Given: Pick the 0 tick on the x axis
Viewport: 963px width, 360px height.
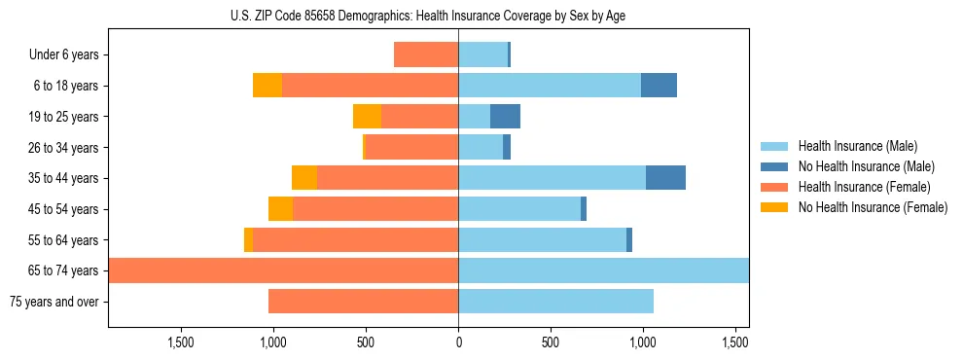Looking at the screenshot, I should (x=458, y=342).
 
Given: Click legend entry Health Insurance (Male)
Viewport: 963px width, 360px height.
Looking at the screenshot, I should (x=857, y=146).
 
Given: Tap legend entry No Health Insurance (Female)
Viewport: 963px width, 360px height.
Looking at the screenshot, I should (x=873, y=207).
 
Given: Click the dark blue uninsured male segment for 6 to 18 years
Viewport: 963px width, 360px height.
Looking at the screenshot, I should (x=659, y=86).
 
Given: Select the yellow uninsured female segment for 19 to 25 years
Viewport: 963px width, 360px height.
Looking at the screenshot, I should (x=367, y=117).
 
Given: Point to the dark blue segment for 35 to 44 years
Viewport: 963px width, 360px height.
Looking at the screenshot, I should (x=665, y=178).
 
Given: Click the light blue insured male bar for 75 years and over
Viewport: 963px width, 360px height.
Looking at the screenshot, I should (x=555, y=302).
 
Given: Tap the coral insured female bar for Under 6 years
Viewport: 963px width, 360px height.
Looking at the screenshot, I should (x=426, y=54).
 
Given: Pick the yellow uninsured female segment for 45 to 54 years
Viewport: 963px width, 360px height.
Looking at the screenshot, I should (x=280, y=209).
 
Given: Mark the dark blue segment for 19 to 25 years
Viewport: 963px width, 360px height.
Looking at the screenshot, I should (x=505, y=117).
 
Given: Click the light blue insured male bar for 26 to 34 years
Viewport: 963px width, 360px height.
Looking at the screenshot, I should (x=481, y=147).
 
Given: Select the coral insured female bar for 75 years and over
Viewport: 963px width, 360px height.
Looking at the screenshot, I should (x=363, y=302).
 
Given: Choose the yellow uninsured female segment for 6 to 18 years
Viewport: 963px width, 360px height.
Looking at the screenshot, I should (x=267, y=86).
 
